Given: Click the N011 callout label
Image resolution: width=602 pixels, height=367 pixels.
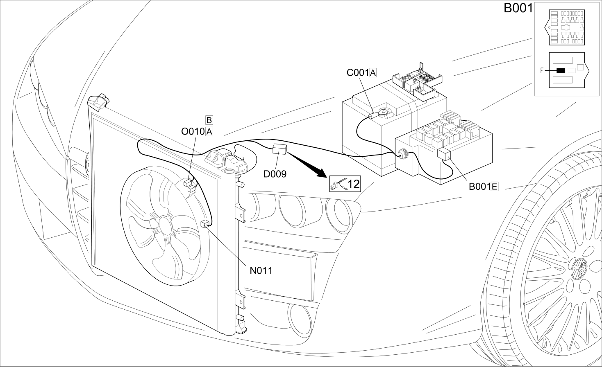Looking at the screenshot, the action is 261,271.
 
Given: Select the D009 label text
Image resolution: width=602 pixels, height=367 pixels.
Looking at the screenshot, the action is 275,174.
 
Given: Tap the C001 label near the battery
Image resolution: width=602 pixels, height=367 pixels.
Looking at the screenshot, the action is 358,73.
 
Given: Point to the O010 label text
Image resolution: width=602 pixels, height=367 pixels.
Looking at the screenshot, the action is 193,131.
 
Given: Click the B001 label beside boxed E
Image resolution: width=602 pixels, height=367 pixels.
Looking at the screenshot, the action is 480,187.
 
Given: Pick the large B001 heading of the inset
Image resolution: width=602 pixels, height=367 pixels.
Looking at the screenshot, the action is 518,8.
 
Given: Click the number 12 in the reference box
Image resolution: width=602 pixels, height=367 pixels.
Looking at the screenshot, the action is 353,184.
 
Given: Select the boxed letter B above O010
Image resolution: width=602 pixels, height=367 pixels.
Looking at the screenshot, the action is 209,120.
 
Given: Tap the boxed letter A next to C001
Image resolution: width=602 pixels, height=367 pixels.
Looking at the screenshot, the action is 373,73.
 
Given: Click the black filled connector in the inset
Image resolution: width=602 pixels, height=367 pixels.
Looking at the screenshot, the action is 561,70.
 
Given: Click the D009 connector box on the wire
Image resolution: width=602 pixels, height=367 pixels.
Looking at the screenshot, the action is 280,149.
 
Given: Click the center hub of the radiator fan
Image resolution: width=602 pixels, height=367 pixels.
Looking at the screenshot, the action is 164,226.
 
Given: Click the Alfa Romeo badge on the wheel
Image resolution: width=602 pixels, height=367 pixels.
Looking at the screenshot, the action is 580,267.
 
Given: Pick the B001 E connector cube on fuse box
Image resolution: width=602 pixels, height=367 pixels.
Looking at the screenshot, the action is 444,154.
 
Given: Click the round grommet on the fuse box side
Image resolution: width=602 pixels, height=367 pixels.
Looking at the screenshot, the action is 402,154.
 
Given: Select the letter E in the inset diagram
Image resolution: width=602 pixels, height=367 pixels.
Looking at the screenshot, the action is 542,71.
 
